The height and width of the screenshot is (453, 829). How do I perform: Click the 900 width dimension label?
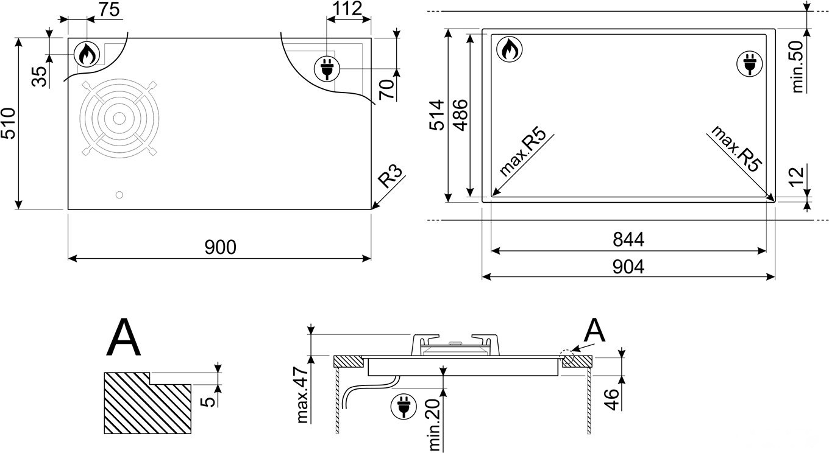click(220, 247)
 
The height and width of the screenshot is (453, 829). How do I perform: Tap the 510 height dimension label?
click(8, 123)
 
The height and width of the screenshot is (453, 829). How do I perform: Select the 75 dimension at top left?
click(110, 9)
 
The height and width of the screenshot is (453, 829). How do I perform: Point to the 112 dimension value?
click(347, 9)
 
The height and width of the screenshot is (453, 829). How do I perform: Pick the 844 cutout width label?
click(628, 240)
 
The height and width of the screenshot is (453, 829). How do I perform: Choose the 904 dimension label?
click(628, 267)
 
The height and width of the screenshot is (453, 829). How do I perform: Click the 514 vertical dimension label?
click(436, 114)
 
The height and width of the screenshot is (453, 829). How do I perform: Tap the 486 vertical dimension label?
click(461, 114)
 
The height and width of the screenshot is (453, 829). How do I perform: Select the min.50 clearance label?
click(797, 66)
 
